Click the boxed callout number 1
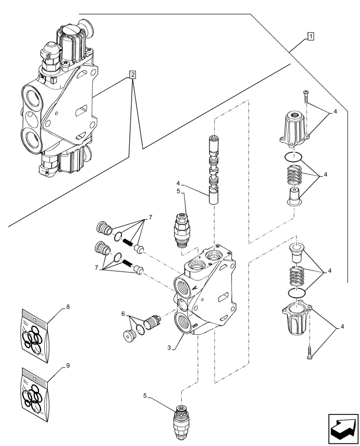311,37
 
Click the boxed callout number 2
133,74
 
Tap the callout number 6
123,314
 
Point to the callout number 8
68,306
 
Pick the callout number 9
68,365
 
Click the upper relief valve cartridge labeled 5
182,230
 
